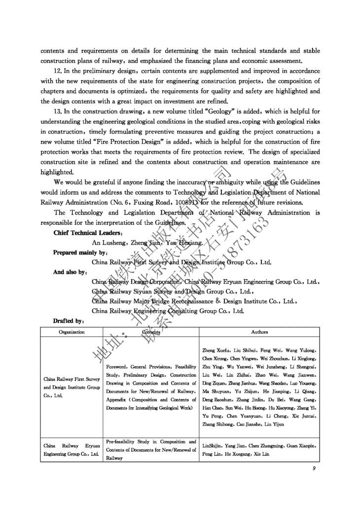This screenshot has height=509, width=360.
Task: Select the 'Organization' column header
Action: tap(72, 332)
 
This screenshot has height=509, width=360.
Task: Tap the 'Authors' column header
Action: tap(260, 332)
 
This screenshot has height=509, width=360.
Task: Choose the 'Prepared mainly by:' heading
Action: tap(79, 252)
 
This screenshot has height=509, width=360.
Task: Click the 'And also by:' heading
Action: tap(70, 272)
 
